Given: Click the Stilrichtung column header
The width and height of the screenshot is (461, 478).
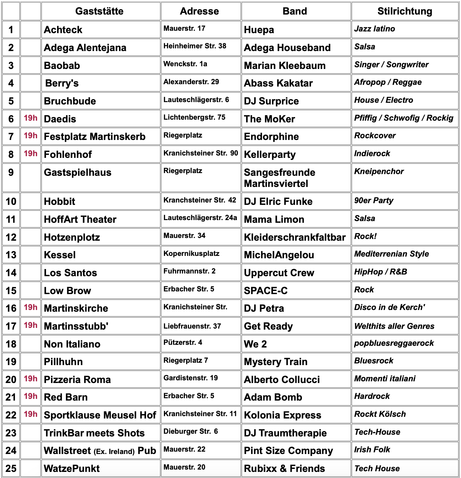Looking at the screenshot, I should [405, 11].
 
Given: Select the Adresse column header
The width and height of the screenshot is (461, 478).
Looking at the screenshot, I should [199, 11].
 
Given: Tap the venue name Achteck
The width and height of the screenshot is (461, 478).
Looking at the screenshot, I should [63, 30].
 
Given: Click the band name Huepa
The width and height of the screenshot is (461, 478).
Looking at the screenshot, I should [259, 30].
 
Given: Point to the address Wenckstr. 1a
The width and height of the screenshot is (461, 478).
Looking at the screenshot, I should [185, 64].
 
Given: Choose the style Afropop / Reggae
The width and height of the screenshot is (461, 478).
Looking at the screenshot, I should [388, 82].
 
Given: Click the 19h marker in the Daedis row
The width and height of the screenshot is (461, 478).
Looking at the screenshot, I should [30, 118].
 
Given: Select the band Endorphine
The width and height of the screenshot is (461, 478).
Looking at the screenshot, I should [271, 137].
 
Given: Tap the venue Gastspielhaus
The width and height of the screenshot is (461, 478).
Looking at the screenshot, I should [78, 172].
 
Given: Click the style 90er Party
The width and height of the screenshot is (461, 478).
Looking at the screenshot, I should [373, 200].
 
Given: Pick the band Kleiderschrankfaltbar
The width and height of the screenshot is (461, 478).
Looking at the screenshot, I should [295, 237].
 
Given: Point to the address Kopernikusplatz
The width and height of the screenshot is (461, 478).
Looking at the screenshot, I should [191, 254].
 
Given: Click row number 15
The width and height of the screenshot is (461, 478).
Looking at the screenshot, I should [11, 291].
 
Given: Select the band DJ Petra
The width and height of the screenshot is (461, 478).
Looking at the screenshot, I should [264, 308].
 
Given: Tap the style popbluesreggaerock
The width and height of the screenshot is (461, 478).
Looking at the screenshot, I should [394, 343].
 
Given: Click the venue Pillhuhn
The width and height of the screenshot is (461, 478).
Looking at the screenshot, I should [64, 362].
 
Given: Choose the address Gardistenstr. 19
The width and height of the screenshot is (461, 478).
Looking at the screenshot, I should [191, 378].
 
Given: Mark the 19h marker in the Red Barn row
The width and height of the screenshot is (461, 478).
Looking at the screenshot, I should [30, 396].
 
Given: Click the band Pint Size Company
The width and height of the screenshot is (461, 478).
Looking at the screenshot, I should [288, 451].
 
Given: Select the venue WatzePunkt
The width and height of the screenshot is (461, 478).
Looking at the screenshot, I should [72, 469].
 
